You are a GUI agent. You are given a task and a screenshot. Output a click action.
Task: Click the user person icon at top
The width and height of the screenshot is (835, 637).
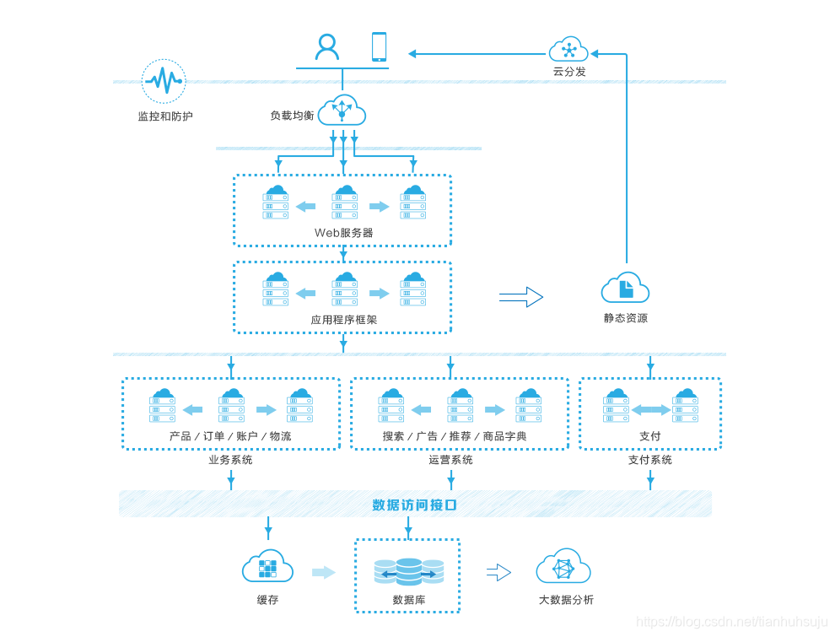tap(326, 46)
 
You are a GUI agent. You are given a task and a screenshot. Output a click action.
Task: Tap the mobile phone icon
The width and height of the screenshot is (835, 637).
tap(379, 46)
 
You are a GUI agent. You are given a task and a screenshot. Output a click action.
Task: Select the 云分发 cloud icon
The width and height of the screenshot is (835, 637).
tap(568, 49)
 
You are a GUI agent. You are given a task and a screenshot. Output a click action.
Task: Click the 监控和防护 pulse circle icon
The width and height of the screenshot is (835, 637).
tap(164, 81)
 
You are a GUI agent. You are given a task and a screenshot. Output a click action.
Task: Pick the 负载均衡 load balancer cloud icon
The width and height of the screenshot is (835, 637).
tap(342, 110)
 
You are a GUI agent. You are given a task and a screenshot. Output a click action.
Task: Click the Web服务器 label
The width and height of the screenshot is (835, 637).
tap(343, 232)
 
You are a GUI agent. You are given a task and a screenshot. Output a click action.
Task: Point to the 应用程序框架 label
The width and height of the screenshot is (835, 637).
tap(343, 320)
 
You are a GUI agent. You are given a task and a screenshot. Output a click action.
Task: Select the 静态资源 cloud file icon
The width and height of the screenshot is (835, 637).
tap(625, 289)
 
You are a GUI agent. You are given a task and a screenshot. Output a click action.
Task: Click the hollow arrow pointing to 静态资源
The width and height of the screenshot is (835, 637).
tap(520, 297)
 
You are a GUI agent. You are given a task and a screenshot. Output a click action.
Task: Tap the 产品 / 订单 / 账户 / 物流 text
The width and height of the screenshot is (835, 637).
tap(230, 436)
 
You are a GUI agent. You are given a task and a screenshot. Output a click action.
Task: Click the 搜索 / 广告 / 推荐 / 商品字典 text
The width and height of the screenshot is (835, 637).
tap(455, 436)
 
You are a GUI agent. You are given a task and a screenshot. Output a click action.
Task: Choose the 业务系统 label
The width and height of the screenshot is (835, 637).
tap(230, 460)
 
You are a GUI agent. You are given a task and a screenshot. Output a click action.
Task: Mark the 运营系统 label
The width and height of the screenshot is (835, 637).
tap(450, 460)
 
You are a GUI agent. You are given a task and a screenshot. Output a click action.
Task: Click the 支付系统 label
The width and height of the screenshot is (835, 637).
tap(649, 460)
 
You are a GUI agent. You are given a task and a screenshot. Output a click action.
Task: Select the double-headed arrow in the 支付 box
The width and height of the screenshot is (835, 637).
tap(650, 410)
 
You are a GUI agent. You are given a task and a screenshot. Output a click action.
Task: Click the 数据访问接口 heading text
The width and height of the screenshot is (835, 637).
tap(414, 505)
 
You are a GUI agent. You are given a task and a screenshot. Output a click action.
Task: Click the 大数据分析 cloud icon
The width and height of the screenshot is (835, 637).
tap(563, 567)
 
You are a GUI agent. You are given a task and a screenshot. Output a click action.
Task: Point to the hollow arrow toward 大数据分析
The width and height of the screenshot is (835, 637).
tap(498, 572)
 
